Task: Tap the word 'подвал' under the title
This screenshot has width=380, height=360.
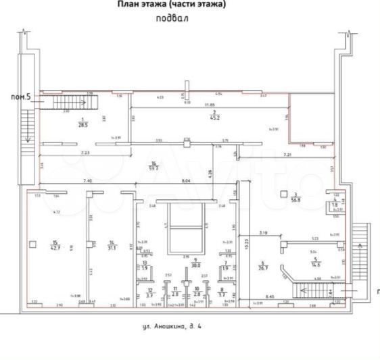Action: tap(172, 19)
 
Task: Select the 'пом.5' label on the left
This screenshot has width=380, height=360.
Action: tap(20, 97)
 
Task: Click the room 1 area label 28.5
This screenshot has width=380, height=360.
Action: tap(83, 123)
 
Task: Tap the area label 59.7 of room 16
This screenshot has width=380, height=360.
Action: tap(154, 168)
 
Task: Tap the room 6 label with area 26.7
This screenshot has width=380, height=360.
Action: tap(264, 265)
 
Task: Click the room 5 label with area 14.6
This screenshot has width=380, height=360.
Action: tap(315, 261)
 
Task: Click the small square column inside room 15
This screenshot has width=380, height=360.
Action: tap(32, 242)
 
